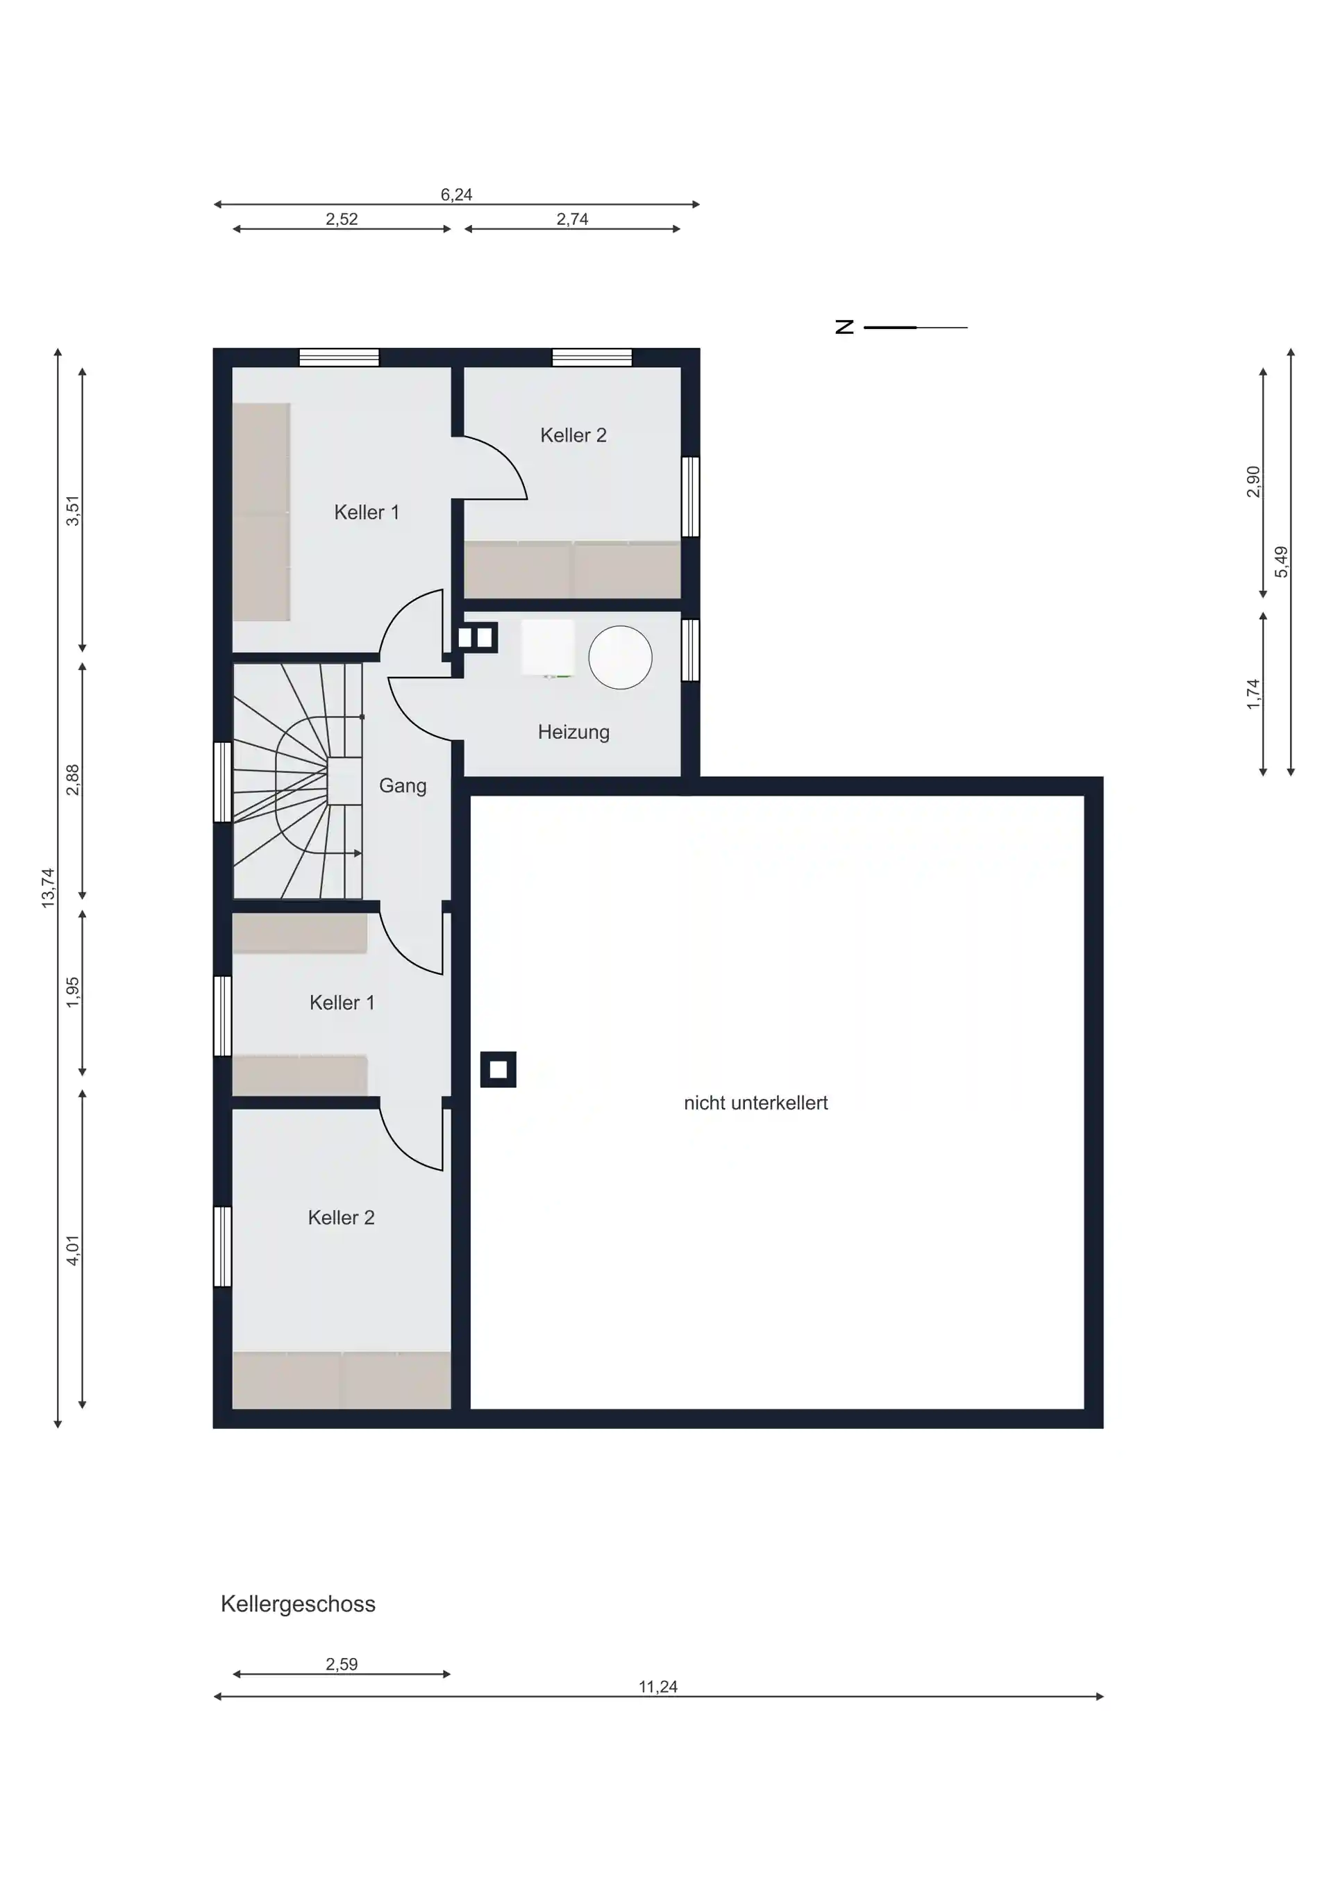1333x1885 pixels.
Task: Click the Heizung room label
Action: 573,732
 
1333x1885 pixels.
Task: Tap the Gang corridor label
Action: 403,787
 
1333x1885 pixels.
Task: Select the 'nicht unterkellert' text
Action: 756,1103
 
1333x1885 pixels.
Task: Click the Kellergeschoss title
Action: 298,1605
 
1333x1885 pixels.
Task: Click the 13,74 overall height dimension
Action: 49,887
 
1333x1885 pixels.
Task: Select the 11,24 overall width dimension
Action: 658,1686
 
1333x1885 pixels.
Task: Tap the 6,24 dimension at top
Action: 456,194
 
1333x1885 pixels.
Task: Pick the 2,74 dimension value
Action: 572,219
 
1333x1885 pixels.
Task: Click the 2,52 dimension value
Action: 342,219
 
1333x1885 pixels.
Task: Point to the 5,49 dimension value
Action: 1282,562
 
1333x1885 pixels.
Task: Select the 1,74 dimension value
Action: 1252,694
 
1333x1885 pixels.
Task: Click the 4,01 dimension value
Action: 73,1250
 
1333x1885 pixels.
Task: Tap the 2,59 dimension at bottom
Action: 342,1664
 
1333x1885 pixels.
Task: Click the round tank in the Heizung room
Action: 621,657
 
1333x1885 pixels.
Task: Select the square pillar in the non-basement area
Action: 498,1070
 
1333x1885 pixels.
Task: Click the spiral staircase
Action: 298,781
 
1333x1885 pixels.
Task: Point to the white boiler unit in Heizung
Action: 548,648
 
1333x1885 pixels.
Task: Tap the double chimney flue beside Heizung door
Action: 477,637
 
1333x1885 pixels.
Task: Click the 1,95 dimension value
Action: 73,993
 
